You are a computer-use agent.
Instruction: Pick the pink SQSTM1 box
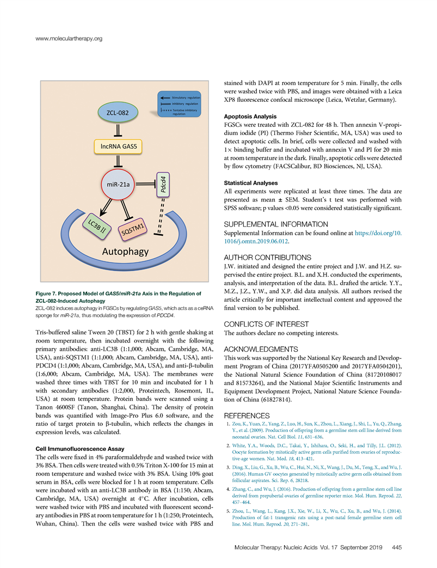click(132, 230)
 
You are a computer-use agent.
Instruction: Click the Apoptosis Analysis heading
click(250, 117)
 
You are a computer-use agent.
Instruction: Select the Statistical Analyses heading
click(251, 183)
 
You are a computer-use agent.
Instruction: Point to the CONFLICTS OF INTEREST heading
click(266, 325)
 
